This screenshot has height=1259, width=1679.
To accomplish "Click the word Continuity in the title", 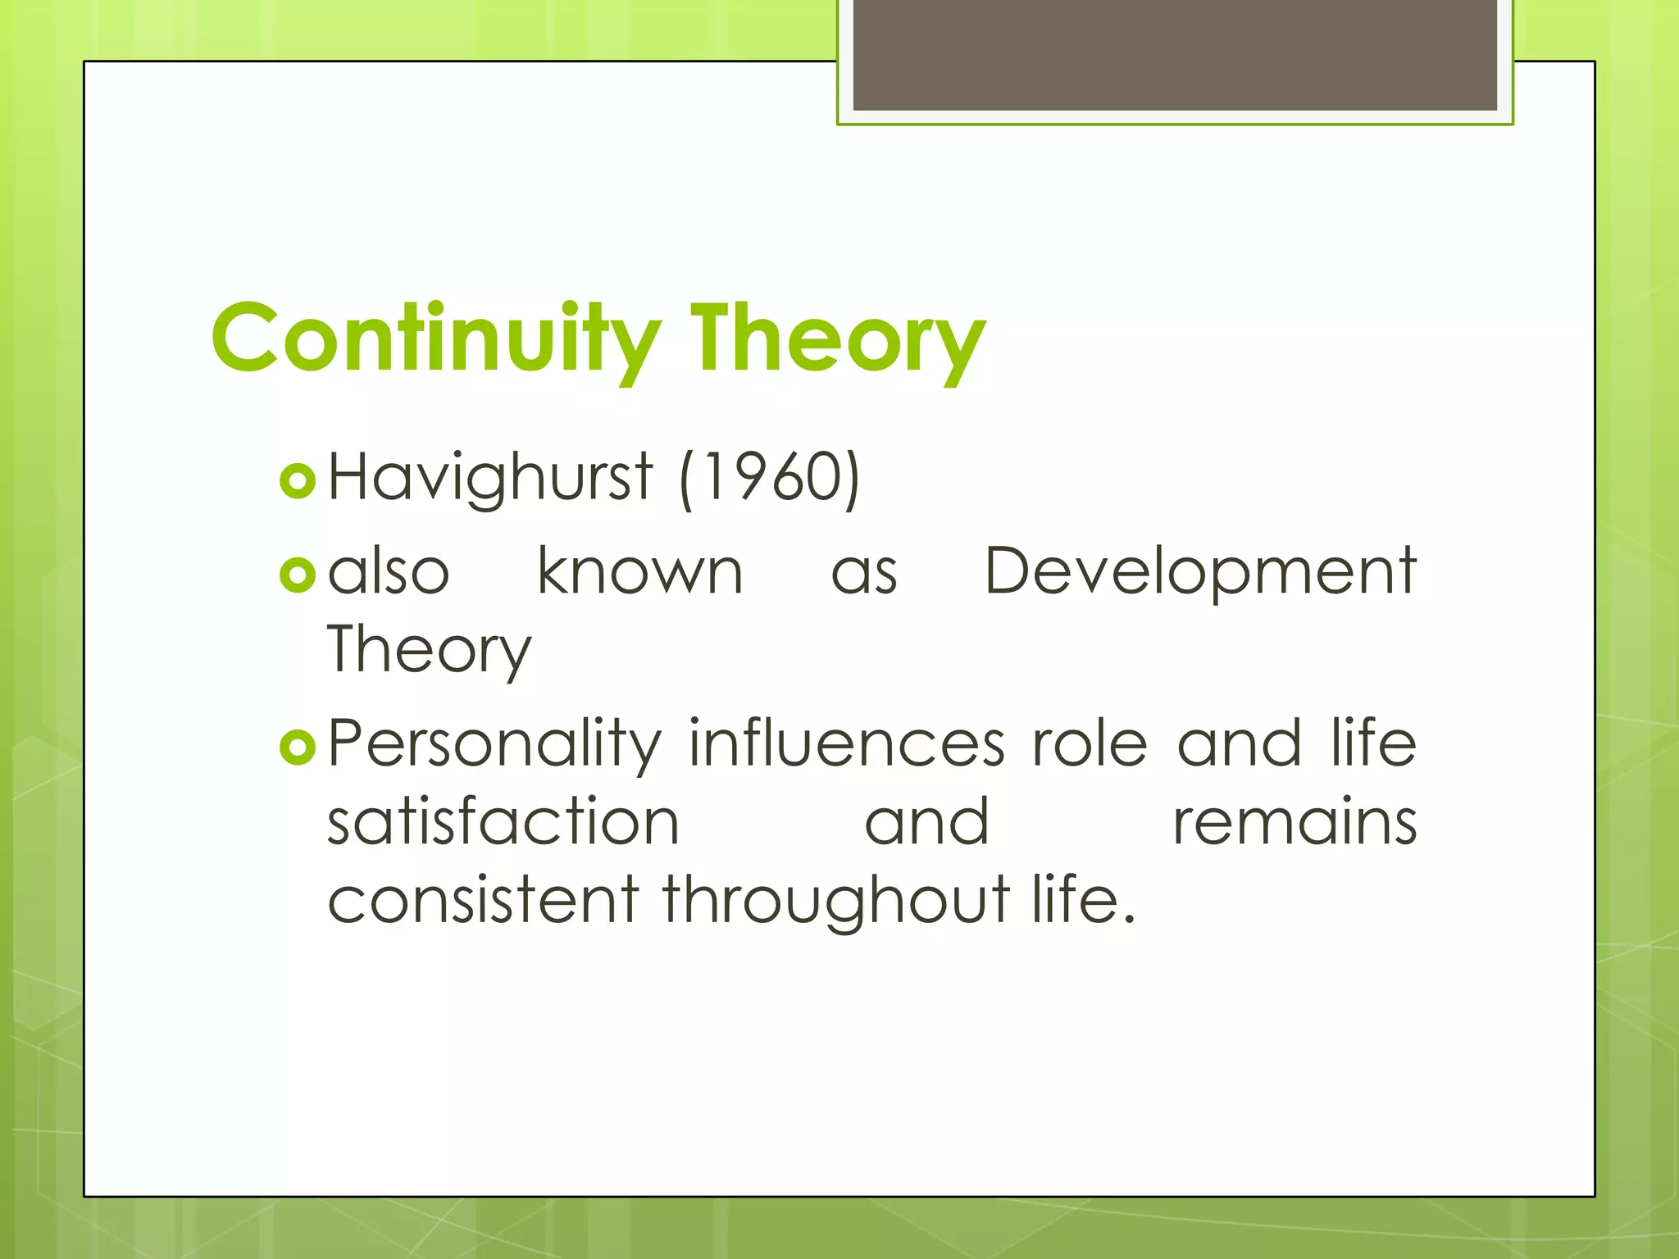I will pyautogui.click(x=435, y=339).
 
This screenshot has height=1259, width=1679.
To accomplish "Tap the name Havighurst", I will pyautogui.click(x=490, y=478).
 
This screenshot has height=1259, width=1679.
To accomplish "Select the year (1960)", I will pyautogui.click(x=770, y=478).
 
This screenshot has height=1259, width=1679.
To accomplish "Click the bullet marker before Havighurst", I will pyautogui.click(x=297, y=481).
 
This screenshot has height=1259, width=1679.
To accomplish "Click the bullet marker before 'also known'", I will pyautogui.click(x=297, y=575).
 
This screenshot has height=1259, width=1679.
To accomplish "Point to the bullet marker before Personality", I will pyautogui.click(x=297, y=747).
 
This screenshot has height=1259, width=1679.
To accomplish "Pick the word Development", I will pyautogui.click(x=1200, y=571).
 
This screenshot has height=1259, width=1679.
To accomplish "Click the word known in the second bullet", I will pyautogui.click(x=639, y=571).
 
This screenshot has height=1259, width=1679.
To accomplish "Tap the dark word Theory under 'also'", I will pyautogui.click(x=429, y=650).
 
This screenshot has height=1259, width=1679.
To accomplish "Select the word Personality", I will pyautogui.click(x=494, y=744).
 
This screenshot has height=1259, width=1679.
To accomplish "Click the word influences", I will pyautogui.click(x=846, y=743).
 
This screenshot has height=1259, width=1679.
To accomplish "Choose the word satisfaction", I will pyautogui.click(x=503, y=821).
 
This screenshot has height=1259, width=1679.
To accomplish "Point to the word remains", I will pyautogui.click(x=1295, y=821).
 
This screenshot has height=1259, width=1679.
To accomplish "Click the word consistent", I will pyautogui.click(x=483, y=900).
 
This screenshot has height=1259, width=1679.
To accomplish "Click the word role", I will pyautogui.click(x=1090, y=743).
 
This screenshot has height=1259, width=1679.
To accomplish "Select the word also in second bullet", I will pyautogui.click(x=389, y=571).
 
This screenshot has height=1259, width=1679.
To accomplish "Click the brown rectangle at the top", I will pyautogui.click(x=1175, y=54).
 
